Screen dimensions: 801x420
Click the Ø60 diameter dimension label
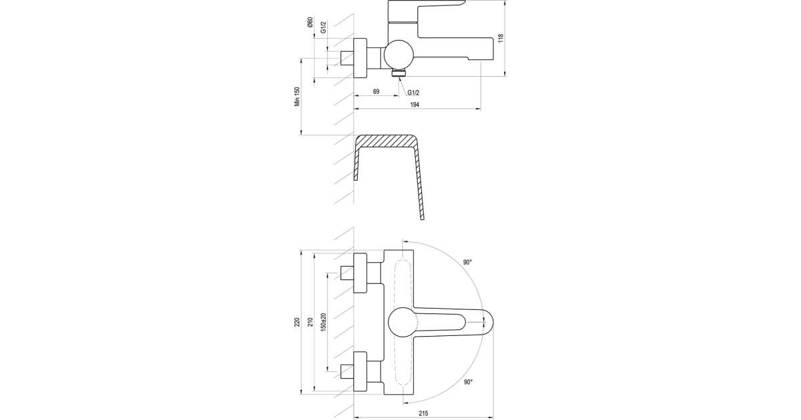coord(310,22)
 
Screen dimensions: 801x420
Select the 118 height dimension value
coord(501,38)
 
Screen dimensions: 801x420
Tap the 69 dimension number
coord(376,92)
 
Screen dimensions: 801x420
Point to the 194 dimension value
coord(414,105)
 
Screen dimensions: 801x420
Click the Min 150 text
coord(297,97)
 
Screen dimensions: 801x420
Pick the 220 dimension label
coord(297,323)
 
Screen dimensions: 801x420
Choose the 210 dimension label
coord(310,322)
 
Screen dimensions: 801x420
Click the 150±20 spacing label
coord(324,322)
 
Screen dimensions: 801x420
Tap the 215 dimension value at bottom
coord(423,413)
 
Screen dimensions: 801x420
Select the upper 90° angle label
coord(468,262)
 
